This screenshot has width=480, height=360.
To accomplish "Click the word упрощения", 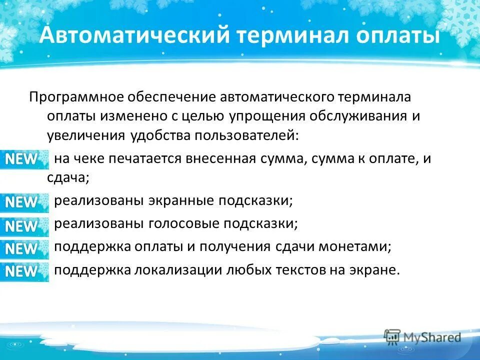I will pyautogui.click(x=266, y=116).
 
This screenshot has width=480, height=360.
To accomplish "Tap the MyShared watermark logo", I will pyautogui.click(x=422, y=337).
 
